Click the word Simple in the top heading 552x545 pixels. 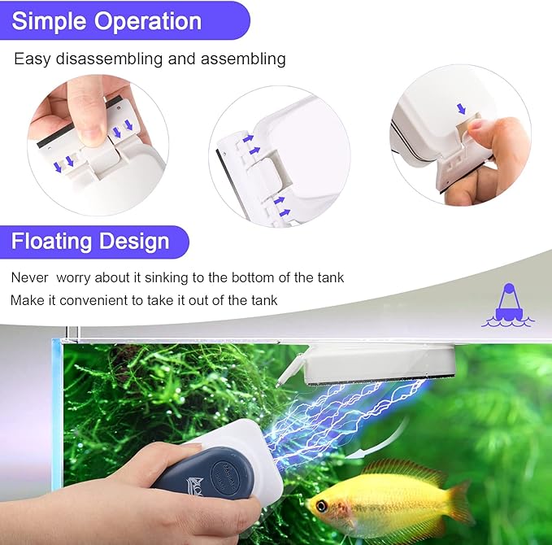click(49, 21)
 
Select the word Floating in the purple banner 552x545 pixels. click(51, 242)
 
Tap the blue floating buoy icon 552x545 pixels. click(507, 306)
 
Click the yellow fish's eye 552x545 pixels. click(323, 506)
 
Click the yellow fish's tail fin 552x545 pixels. click(460, 505)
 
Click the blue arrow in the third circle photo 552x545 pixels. click(462, 109)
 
